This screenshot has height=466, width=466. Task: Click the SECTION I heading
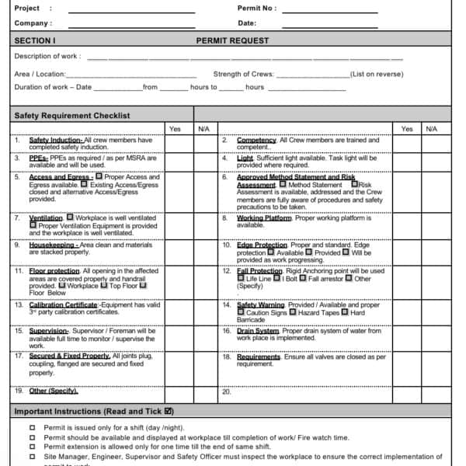[x=35, y=40]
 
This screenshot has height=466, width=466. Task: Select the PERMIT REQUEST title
[x=232, y=40]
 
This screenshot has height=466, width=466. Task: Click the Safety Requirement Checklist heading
[x=72, y=116]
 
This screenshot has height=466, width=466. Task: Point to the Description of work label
[x=47, y=57]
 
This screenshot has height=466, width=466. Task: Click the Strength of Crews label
[x=243, y=75]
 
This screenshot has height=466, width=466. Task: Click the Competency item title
[x=256, y=140]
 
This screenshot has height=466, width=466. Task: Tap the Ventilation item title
[x=46, y=218]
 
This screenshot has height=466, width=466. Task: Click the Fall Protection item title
[x=259, y=271]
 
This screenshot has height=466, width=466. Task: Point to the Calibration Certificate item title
[x=63, y=305]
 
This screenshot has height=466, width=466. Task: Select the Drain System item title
[x=257, y=331]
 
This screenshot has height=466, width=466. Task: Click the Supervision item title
[x=48, y=331]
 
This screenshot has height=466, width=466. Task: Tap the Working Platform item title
[x=264, y=218]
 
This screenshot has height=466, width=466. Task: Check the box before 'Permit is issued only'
[x=32, y=428]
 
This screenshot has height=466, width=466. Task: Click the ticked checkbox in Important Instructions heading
[x=169, y=411]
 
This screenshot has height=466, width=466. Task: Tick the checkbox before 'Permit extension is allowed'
[x=32, y=447]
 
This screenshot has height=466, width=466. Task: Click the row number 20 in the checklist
[x=226, y=391]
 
